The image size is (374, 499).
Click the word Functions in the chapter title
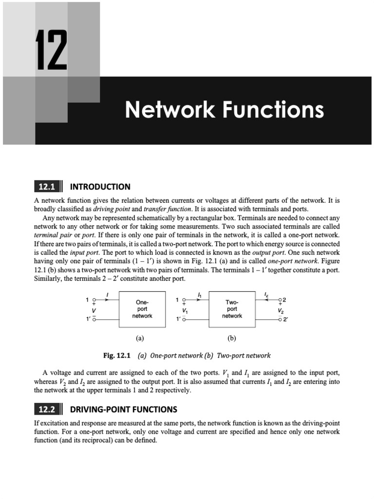point(275,110)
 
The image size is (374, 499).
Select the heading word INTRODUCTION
point(100,187)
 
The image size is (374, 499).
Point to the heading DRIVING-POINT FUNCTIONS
point(124,409)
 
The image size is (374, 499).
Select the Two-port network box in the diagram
point(232,309)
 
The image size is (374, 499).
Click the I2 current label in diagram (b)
point(266,295)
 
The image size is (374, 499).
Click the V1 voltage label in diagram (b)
point(185,310)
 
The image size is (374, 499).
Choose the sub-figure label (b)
point(232,337)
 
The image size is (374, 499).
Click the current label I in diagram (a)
point(107,294)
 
